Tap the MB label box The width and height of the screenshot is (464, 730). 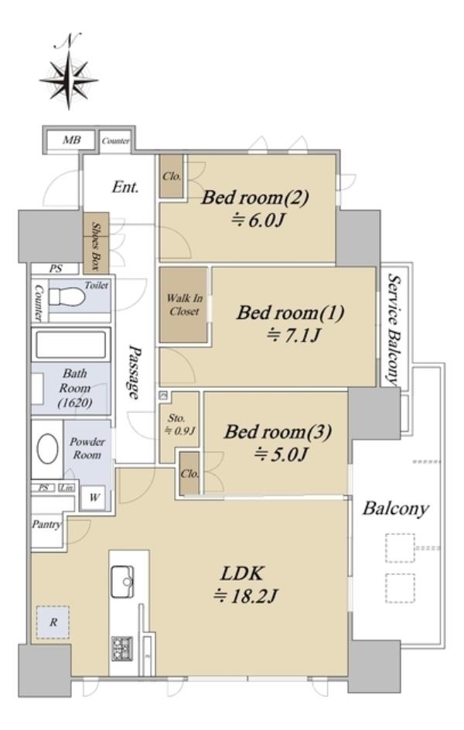tap(71, 139)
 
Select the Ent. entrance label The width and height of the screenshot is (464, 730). tap(125, 187)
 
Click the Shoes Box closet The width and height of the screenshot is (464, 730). tap(96, 242)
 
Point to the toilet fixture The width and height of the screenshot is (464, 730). tap(68, 296)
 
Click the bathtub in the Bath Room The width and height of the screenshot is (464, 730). tap(70, 344)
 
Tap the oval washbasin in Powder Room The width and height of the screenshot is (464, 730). tap(47, 449)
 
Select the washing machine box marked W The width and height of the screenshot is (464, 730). tap(94, 498)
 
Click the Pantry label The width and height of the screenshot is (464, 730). tap(46, 525)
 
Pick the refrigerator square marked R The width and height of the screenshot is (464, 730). tap(53, 622)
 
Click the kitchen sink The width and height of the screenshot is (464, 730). tap(122, 581)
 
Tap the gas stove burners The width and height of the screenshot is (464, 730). tap(122, 648)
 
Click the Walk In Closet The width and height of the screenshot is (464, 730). tap(183, 305)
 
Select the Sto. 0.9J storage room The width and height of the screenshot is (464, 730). tap(179, 424)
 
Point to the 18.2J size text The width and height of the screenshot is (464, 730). tap(245, 596)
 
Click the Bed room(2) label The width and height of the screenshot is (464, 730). tap(254, 197)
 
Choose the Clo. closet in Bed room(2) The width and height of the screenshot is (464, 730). tap(172, 177)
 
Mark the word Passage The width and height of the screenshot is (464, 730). tap(134, 372)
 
